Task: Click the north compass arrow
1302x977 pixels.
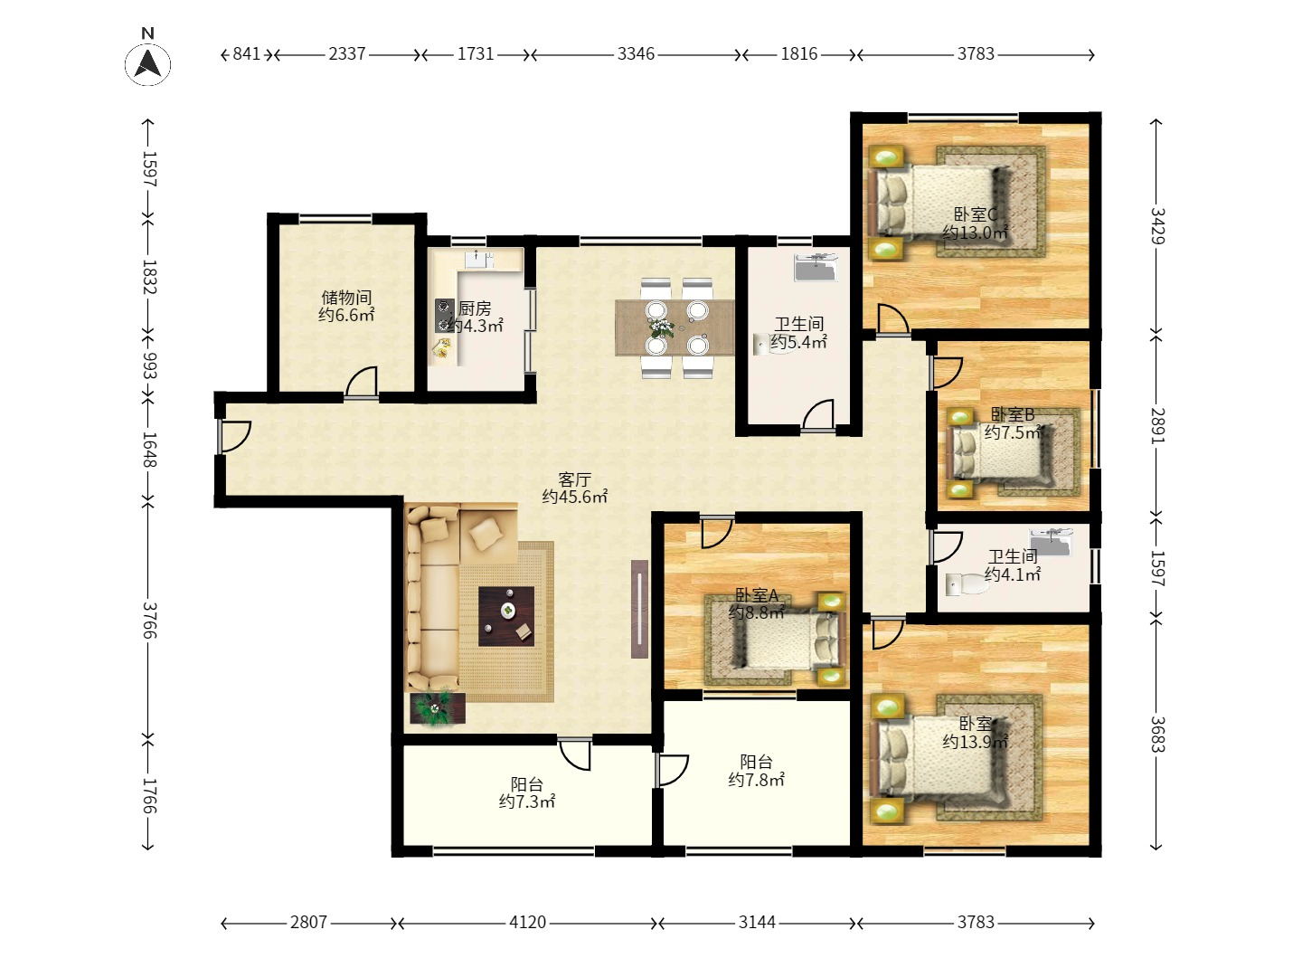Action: [x=147, y=64]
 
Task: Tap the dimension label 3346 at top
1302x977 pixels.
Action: [x=636, y=54]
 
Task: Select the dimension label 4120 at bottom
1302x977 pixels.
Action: [x=527, y=923]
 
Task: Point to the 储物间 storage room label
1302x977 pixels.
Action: [x=346, y=298]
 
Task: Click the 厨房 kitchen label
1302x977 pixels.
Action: [x=475, y=308]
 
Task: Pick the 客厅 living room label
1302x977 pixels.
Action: [x=574, y=479]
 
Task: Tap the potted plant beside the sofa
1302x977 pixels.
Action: [x=437, y=708]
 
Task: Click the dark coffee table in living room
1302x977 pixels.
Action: [x=506, y=616]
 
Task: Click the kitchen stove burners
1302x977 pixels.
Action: [x=443, y=315]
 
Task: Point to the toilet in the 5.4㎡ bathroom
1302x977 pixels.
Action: [x=774, y=344]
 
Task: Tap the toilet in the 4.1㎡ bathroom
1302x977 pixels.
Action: [x=967, y=583]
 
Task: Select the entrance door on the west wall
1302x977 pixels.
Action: [x=232, y=437]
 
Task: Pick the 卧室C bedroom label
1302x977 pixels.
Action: [x=976, y=214]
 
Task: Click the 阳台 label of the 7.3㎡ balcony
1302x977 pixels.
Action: [x=527, y=784]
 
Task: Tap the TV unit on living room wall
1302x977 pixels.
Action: [x=639, y=609]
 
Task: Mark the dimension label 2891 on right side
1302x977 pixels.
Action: [x=1157, y=425]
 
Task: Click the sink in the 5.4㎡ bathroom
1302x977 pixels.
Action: [x=816, y=267]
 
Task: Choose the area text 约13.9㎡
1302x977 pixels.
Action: [x=976, y=742]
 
